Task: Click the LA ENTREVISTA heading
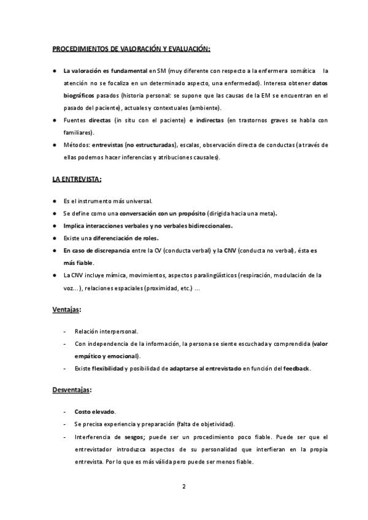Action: [x=77, y=179]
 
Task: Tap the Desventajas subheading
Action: [x=71, y=389]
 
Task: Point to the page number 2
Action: [x=183, y=487]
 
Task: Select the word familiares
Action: [x=78, y=132]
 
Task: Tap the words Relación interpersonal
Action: [x=106, y=331]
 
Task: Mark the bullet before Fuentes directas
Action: [x=55, y=120]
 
